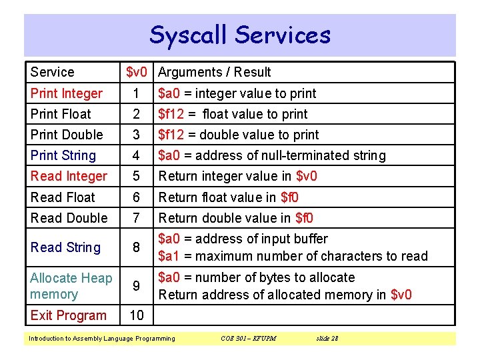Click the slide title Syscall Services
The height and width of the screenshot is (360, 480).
240,35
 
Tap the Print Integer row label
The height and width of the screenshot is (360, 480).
67,93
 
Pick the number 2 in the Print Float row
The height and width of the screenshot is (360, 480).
136,114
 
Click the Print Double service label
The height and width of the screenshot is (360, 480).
67,135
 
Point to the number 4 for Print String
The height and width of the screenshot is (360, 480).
136,155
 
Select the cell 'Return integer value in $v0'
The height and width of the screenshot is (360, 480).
237,176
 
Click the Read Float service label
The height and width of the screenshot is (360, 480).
63,197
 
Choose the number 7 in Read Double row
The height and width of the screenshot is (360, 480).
136,218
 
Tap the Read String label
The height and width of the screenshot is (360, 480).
65,247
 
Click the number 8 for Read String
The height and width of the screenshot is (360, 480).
136,247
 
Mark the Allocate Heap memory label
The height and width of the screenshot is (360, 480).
71,286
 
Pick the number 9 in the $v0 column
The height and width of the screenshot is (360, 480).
136,286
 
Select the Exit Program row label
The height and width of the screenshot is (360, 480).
68,315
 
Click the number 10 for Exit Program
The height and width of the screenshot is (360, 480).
136,315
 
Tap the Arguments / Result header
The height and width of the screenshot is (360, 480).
215,72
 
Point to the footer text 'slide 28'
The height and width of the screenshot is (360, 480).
327,339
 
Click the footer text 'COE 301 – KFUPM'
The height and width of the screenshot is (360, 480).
248,339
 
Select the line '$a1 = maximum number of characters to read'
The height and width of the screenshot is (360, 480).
293,256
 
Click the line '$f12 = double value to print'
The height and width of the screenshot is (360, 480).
238,135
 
